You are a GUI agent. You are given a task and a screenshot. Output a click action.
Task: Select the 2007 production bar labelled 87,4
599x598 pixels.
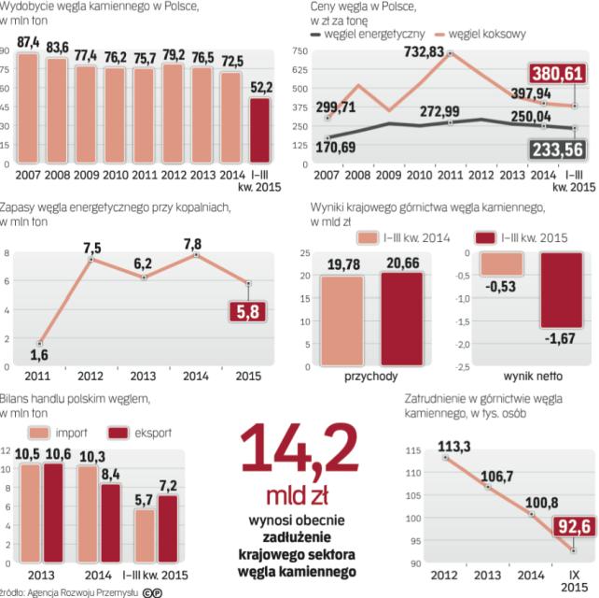pyautogui.click(x=28, y=107)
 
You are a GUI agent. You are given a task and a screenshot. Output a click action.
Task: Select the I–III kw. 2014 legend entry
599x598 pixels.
pyautogui.click(x=404, y=238)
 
